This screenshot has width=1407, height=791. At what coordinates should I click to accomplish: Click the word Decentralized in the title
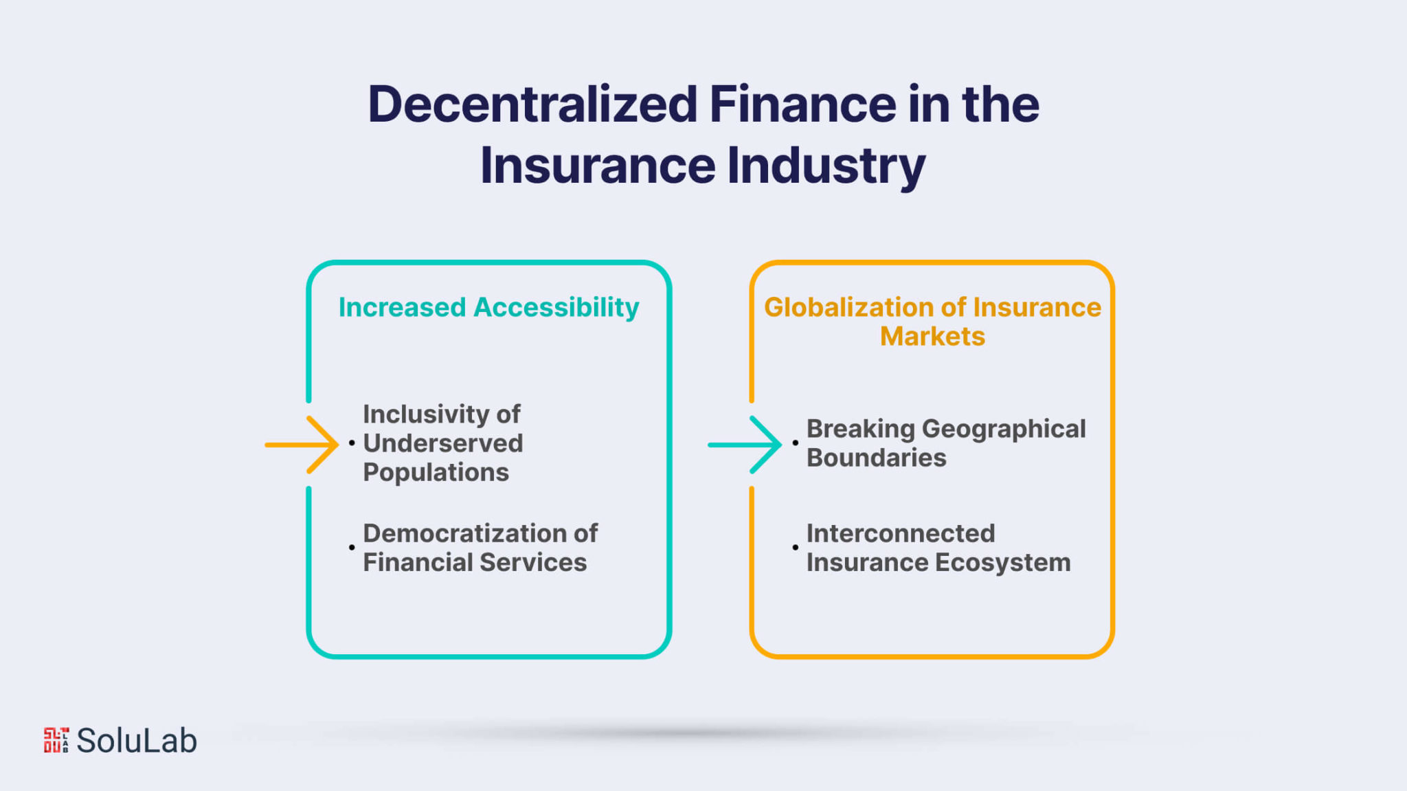[532, 104]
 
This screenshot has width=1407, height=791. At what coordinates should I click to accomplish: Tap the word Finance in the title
[802, 104]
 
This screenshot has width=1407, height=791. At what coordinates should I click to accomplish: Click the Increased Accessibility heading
[488, 307]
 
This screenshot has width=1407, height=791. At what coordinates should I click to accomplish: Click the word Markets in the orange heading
[932, 336]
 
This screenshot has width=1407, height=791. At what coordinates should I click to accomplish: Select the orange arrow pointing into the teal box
[302, 445]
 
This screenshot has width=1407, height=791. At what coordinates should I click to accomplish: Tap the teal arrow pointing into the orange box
[745, 445]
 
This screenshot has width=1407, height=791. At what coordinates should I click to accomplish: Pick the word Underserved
[443, 443]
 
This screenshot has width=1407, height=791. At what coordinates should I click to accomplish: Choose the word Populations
[436, 473]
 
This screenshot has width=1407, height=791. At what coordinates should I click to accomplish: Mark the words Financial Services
[475, 562]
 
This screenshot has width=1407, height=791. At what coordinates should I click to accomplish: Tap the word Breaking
[861, 429]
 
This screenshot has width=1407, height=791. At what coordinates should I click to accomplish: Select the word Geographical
[1004, 429]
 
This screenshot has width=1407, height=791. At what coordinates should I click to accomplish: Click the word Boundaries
[876, 458]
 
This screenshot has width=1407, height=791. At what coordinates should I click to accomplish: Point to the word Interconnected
[901, 533]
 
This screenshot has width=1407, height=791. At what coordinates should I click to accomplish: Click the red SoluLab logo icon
[56, 740]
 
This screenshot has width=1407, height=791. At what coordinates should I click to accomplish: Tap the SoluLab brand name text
[137, 740]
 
